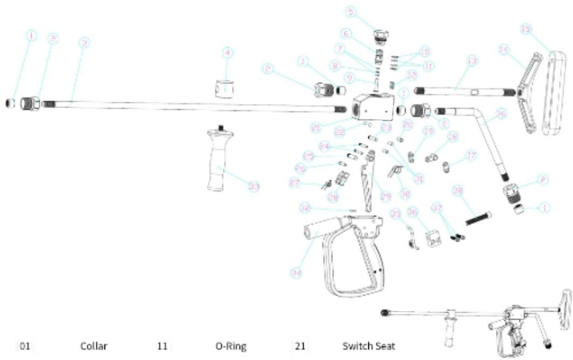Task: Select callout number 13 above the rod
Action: click(472, 62)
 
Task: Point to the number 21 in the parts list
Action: click(299, 346)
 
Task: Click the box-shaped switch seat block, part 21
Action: click(371, 108)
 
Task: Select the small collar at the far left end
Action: click(9, 102)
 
